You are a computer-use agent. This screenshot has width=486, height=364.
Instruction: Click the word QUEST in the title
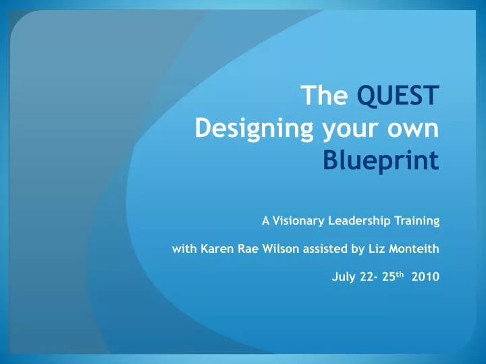point(398,96)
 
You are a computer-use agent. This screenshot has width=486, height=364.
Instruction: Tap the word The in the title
point(324,95)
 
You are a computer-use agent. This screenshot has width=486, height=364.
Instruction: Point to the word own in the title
point(414,129)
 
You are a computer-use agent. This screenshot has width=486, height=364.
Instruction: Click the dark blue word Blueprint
point(381,160)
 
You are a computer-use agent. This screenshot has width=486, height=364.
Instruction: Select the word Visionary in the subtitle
point(298,221)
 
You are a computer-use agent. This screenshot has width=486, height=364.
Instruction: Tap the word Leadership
point(359,221)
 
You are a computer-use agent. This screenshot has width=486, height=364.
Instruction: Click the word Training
point(417,221)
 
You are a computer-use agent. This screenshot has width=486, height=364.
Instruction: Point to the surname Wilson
point(281,249)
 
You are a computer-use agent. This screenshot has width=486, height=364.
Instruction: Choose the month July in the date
point(344,277)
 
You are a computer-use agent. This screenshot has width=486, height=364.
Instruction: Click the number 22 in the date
point(367,276)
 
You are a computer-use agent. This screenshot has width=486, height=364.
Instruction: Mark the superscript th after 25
point(400,274)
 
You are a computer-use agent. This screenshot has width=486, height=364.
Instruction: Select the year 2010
point(425,276)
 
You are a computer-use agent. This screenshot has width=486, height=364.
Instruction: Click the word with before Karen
point(184,249)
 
